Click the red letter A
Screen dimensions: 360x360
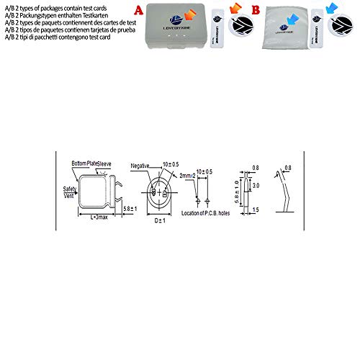(x=138, y=11)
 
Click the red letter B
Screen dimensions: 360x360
(x=254, y=12)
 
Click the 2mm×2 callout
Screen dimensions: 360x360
(x=189, y=176)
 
